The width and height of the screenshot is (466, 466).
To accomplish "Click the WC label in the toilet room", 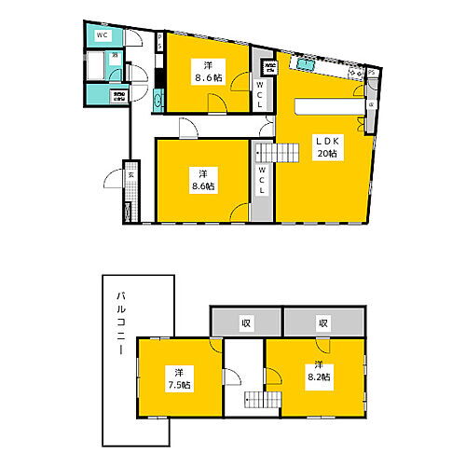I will click(x=103, y=34).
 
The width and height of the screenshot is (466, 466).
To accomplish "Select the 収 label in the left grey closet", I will click(x=246, y=323).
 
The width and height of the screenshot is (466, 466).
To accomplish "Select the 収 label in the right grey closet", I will click(x=322, y=323).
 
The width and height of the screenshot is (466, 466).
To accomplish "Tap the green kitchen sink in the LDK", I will click(x=306, y=65).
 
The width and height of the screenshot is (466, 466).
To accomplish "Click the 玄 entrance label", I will click(x=130, y=175).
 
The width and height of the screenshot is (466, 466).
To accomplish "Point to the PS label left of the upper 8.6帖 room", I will click(x=160, y=42).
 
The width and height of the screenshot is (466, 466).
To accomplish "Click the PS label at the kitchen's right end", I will click(x=372, y=72).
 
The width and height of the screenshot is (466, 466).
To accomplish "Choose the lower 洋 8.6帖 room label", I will click(x=202, y=179).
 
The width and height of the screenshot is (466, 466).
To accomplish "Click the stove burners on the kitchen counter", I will click(x=353, y=72).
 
